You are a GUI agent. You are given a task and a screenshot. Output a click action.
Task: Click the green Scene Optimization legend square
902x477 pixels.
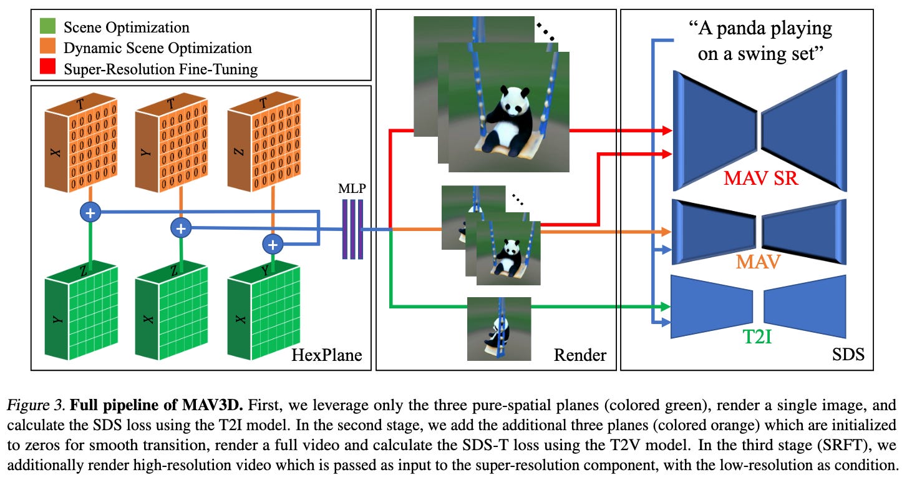[x=47, y=26]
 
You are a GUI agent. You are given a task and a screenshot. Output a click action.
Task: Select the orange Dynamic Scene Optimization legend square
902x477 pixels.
[x=47, y=46]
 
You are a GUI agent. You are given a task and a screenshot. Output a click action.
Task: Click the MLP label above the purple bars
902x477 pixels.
[x=352, y=189]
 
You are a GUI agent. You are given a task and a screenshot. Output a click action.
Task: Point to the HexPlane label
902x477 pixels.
[x=327, y=355]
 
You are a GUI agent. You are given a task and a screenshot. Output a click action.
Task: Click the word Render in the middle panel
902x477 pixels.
[x=580, y=355]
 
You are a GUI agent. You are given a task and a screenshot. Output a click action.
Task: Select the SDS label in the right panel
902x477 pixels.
[x=848, y=355]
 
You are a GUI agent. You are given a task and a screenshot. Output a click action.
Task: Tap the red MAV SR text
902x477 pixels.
[x=760, y=178]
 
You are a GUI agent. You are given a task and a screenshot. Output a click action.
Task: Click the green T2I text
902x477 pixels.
[x=757, y=337]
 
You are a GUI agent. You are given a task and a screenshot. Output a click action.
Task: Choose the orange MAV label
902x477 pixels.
[x=759, y=262]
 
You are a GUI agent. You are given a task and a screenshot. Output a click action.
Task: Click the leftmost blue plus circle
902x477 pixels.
[x=90, y=212]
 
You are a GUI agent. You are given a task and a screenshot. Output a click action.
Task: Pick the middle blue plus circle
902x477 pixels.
[x=181, y=228]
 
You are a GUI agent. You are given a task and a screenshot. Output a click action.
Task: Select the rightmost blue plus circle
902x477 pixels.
[x=273, y=244]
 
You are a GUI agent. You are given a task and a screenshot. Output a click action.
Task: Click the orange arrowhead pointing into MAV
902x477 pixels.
[x=666, y=232]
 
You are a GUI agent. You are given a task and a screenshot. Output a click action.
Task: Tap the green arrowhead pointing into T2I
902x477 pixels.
[x=666, y=307]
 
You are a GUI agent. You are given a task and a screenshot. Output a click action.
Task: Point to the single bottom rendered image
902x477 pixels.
[x=499, y=329]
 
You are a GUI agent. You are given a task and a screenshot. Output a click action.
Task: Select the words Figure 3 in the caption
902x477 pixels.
[x=36, y=405]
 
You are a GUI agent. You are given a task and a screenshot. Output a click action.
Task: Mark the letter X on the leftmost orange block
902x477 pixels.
[x=55, y=153]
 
